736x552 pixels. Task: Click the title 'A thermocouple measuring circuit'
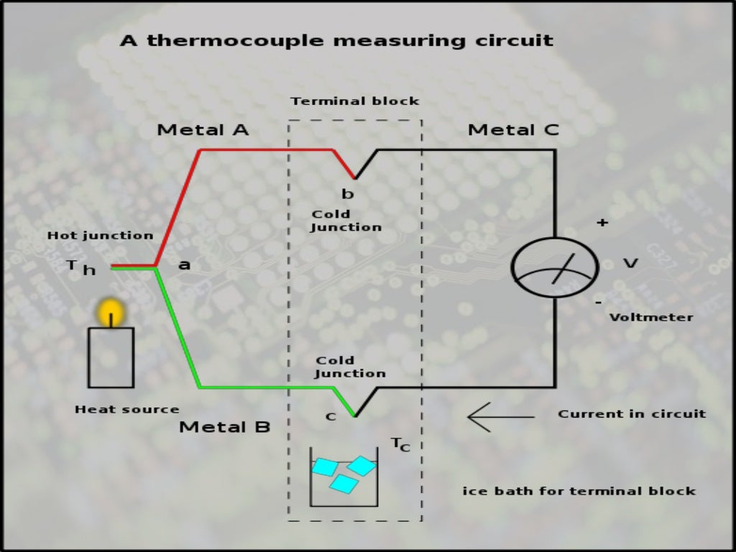coord(336,40)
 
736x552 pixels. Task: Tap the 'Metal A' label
coord(203,130)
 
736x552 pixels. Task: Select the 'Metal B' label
coord(224,427)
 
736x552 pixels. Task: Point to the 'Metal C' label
coord(513,130)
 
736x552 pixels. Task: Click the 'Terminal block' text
coord(355,101)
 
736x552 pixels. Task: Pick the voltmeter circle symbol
coord(554,267)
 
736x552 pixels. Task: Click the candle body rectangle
coord(111,357)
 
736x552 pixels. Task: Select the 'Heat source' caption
coord(126,410)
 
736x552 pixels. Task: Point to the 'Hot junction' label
coord(100,236)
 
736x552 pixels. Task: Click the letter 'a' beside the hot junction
coord(184,265)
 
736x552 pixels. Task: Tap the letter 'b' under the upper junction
coord(348,193)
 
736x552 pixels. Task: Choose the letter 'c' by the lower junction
coord(330,417)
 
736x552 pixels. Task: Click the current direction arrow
coord(500,416)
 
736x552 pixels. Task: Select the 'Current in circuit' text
coord(632,414)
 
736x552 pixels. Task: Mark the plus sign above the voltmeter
coord(602,224)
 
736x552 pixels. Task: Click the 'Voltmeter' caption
coord(651,317)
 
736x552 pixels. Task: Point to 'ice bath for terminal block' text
coord(579,492)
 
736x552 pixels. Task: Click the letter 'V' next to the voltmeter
coord(630,264)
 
